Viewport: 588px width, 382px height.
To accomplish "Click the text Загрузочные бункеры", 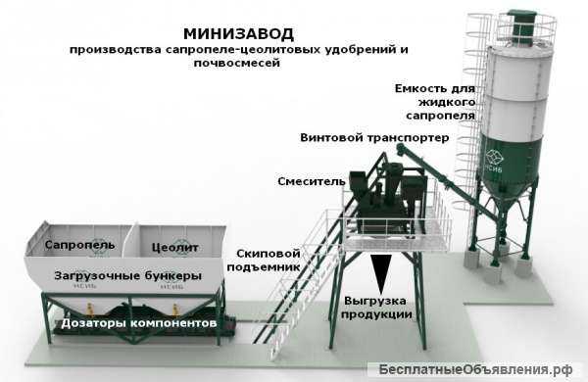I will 128,274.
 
